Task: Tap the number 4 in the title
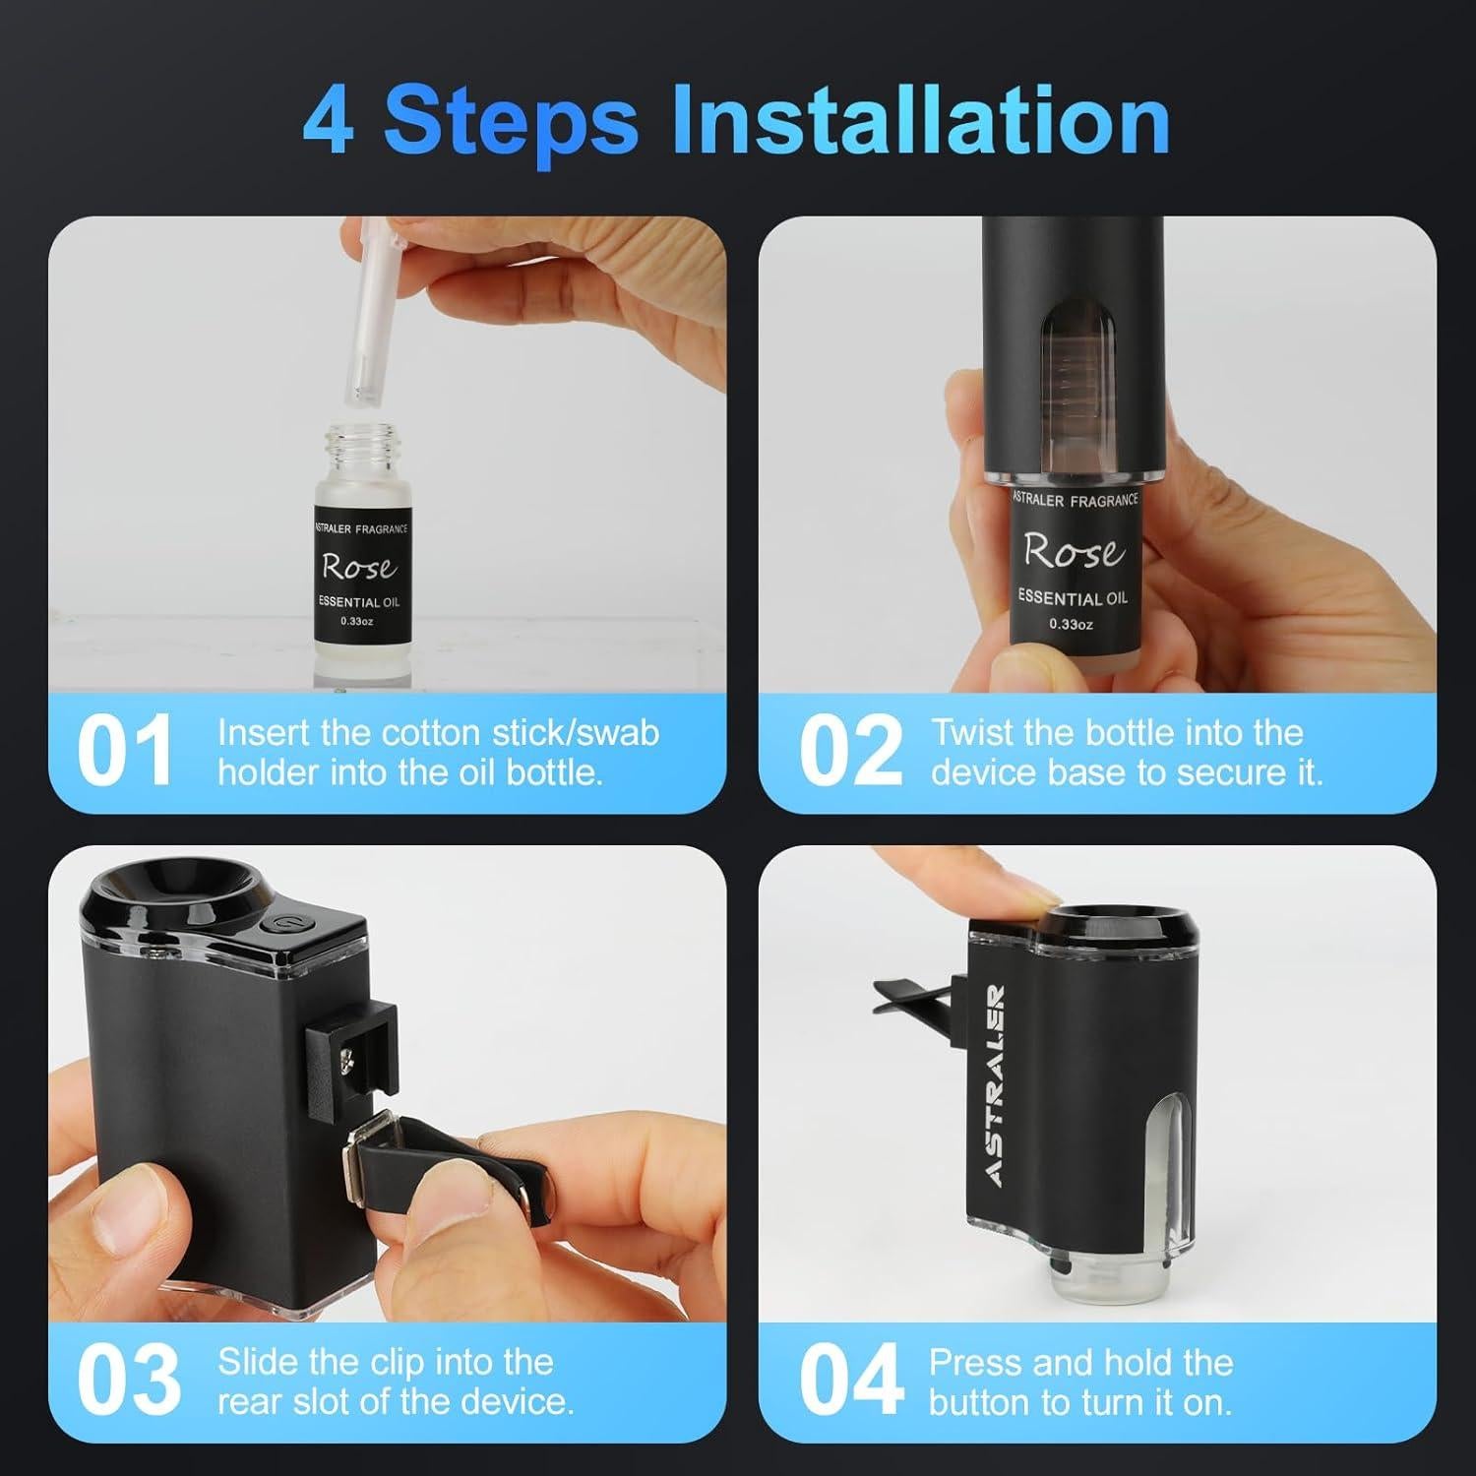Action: point(329,122)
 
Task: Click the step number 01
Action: point(125,752)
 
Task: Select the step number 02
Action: point(850,752)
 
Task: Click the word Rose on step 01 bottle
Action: point(359,567)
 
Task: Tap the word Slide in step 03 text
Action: point(258,1362)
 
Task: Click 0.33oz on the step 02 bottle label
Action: point(1071,624)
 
